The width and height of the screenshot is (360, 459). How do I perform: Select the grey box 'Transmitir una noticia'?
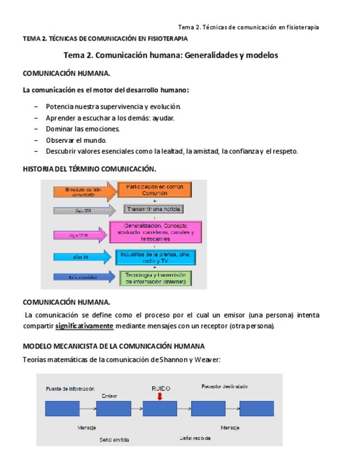click(154, 209)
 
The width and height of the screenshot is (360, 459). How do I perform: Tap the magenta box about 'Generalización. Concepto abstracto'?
click(155, 231)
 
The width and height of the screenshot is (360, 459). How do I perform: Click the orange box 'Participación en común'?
click(155, 190)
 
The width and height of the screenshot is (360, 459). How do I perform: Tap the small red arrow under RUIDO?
click(160, 397)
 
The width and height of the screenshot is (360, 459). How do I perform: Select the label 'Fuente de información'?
click(70, 388)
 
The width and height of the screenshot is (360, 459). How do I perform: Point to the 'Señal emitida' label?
click(114, 440)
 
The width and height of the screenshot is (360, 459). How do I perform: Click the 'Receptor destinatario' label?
click(224, 386)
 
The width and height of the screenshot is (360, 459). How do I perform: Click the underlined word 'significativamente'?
click(84, 326)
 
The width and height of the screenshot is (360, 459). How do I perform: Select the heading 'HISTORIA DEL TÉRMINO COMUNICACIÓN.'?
click(89, 169)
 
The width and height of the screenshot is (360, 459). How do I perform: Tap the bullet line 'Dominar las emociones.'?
click(83, 129)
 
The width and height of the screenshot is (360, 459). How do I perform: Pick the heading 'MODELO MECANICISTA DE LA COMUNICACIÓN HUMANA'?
click(114, 346)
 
